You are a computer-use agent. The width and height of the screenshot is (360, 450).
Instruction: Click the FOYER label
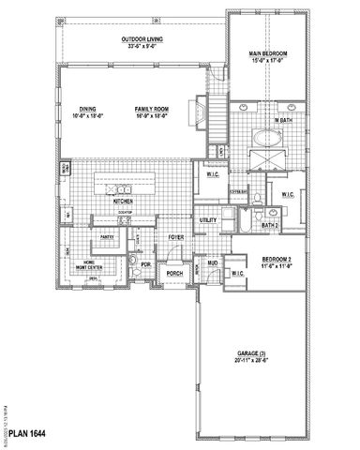tap(176, 237)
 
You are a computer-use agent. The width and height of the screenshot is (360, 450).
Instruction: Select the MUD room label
tap(213, 263)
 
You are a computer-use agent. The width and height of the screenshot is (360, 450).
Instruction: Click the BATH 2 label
tap(270, 225)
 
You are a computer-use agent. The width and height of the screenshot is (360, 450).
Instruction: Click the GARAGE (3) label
tap(253, 354)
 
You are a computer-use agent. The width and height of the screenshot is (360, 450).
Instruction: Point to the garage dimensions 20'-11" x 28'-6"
tap(253, 361)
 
